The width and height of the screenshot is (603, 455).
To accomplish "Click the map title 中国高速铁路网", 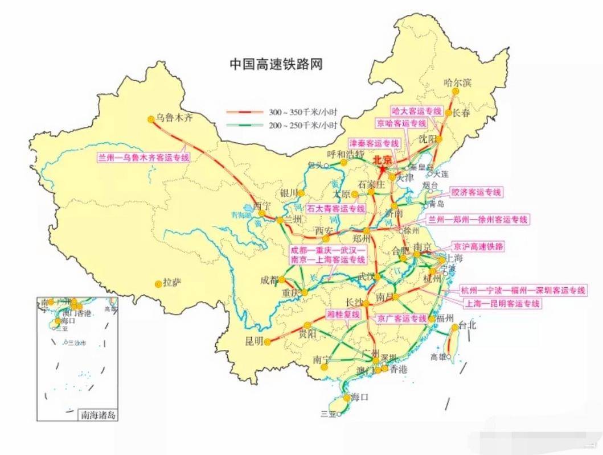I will [x=276, y=63].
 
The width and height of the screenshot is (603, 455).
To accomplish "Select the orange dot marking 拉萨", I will [x=158, y=283].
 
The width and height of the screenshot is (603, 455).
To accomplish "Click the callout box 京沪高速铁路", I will [x=479, y=247].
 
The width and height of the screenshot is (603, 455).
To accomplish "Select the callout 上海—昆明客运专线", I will [x=502, y=304].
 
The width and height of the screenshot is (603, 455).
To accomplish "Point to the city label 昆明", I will [x=254, y=341].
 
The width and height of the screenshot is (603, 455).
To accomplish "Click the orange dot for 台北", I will [x=455, y=328].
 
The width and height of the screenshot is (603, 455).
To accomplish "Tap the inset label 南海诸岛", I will [x=99, y=415].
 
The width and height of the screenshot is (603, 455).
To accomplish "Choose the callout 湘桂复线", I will [x=343, y=315].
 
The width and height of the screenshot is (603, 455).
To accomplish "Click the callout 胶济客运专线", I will [x=476, y=192].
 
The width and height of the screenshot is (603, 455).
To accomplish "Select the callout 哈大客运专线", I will [x=417, y=111].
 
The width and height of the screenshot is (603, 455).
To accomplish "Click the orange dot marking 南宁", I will [x=325, y=367].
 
